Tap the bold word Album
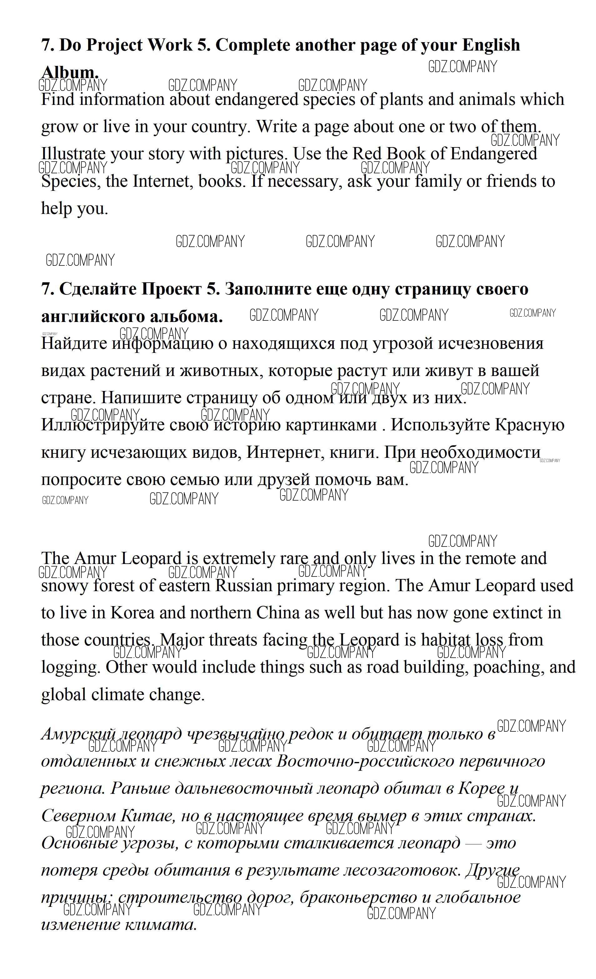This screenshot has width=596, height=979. coord(70,73)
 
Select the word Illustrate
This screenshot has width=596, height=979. coord(73,154)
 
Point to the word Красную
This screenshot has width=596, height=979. coord(529,425)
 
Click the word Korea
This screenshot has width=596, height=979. coord(132,613)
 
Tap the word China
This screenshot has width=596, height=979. coord(278,613)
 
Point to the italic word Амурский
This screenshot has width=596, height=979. coord(78,734)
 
